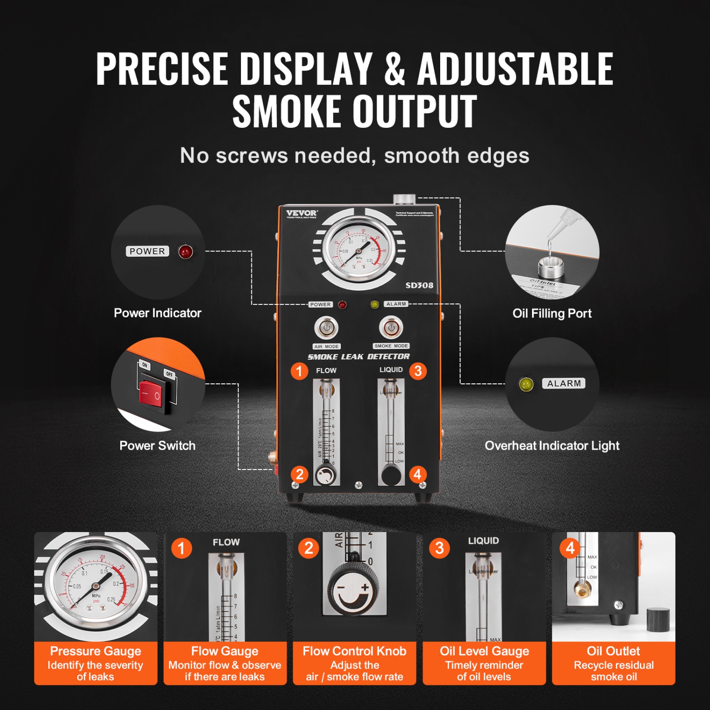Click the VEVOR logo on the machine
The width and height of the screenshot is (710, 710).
302,213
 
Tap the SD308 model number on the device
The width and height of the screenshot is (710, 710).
419,285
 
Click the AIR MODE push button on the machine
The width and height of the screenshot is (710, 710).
326,328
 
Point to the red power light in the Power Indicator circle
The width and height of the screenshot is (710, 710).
186,252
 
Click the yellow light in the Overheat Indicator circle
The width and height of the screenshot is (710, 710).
526,384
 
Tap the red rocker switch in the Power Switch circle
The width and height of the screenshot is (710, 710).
151,393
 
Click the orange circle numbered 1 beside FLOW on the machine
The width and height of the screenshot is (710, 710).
299,371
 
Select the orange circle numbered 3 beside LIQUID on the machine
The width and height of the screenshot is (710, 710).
418,371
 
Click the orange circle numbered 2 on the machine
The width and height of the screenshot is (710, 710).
299,474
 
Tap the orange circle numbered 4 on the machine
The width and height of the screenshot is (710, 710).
417,474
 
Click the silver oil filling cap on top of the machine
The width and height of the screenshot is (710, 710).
404,198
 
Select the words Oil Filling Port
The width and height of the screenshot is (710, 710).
552,313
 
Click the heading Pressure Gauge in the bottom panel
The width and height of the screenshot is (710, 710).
96,651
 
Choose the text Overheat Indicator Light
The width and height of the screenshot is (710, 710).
552,446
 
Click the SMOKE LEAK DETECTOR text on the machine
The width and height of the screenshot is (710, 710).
358,357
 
